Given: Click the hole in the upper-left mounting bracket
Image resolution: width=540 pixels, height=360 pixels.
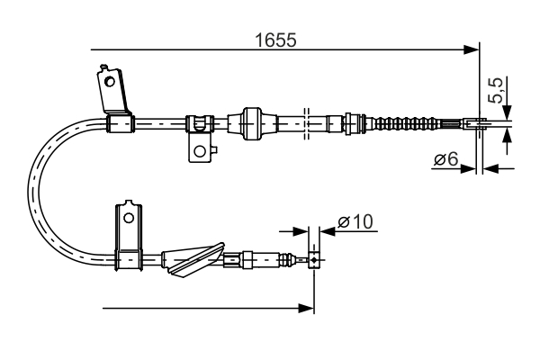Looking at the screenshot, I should click(110, 81).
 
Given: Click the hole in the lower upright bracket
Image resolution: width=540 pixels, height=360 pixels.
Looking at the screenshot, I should click(129, 217).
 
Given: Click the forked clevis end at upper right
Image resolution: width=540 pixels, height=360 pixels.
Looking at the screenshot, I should click(476, 124).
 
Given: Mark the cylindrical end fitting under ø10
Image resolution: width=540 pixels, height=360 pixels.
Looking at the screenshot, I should click(313, 261).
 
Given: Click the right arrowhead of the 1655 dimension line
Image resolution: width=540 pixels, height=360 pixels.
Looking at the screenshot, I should click(473, 49).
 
